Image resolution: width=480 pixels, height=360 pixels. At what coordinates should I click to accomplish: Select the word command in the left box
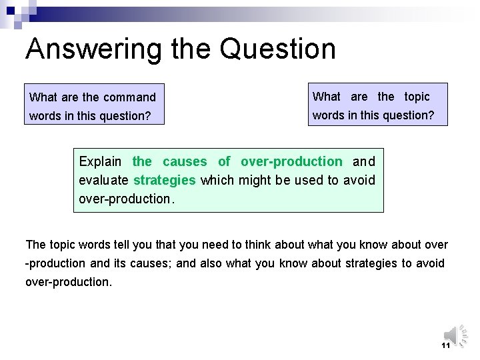tap(129, 97)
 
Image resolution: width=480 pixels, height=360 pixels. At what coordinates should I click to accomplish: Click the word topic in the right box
tap(417, 97)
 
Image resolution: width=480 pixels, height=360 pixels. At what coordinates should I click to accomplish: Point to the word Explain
tap(100, 161)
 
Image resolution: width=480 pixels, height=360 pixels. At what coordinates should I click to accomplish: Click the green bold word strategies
tap(165, 180)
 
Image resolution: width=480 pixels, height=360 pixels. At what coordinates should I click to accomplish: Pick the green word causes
tap(185, 161)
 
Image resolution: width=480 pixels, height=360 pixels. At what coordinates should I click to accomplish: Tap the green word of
tap(224, 161)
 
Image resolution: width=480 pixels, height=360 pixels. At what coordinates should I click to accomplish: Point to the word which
tap(216, 180)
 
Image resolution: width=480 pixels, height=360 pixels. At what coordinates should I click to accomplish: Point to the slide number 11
tap(446, 345)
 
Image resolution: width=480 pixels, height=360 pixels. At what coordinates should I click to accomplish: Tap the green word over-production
tap(291, 161)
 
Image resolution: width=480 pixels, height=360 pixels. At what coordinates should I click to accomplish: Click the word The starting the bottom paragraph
tap(36, 245)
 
